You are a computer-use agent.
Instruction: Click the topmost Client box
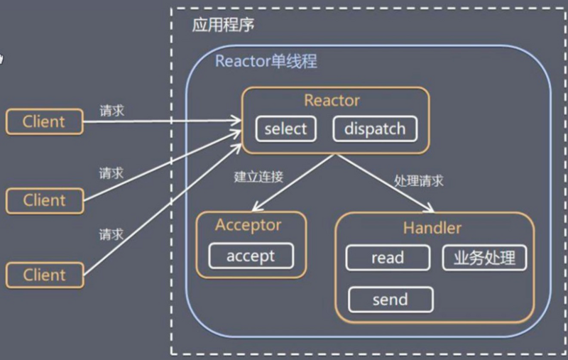tap(44, 121)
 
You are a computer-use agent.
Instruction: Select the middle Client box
tap(44, 200)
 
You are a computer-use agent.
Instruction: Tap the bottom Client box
tap(44, 275)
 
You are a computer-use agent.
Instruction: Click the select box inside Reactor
tap(285, 129)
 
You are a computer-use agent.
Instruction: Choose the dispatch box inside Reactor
tap(374, 129)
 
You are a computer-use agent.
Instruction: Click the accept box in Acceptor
tap(250, 256)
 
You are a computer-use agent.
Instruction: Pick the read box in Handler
tap(387, 258)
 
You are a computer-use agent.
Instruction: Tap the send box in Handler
tap(390, 300)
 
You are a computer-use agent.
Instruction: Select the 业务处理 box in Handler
tap(485, 258)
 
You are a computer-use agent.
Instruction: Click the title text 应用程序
tap(223, 26)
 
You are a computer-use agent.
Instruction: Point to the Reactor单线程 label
tap(266, 62)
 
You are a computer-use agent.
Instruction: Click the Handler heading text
tap(432, 228)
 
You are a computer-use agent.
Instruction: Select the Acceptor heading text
tap(248, 225)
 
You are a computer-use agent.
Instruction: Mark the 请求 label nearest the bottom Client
tap(111, 234)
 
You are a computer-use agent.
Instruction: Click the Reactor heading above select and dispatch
tap(332, 100)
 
